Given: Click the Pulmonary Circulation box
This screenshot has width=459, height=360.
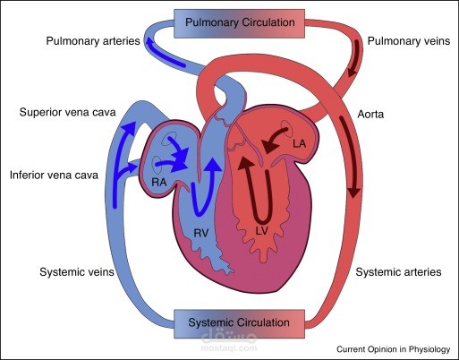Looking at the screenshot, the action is tap(239, 23).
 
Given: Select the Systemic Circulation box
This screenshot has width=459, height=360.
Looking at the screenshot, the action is tap(239, 323).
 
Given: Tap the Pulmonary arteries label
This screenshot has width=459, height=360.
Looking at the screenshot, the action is tap(93, 41).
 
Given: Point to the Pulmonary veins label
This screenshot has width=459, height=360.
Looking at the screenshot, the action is tap(409, 41).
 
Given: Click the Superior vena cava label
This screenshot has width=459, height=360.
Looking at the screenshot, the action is tap(67, 112).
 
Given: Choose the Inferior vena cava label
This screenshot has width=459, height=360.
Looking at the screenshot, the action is tap(54, 175).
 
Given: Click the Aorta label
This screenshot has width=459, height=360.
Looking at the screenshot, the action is tap(370, 115).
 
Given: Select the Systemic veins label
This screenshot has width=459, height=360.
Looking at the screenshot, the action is tap(77, 272).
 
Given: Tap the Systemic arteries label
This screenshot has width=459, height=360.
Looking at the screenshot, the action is tap(398, 272).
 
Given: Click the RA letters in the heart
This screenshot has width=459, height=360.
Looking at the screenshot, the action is tap(159, 182).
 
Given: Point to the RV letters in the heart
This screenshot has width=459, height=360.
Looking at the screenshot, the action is tap(201, 233).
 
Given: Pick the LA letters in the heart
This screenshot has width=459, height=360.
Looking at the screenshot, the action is tap(299, 144).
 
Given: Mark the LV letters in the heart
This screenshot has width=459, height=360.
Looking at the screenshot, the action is tap(262, 230).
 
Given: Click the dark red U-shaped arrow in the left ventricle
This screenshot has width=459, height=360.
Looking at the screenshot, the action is tap(262, 221).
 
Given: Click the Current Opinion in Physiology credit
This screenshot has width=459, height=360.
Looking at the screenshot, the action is tap(394, 349).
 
